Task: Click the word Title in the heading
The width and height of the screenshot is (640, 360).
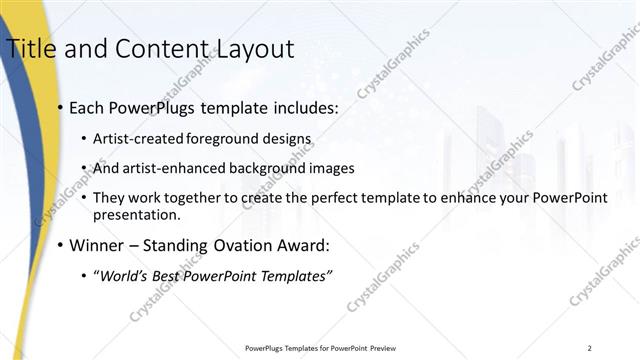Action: [29, 48]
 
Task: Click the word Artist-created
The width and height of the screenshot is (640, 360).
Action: [135, 138]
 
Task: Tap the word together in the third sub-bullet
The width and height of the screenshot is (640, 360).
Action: [192, 198]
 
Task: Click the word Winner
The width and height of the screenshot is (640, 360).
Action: [98, 245]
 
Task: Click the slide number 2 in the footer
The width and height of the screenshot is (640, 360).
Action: [590, 348]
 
